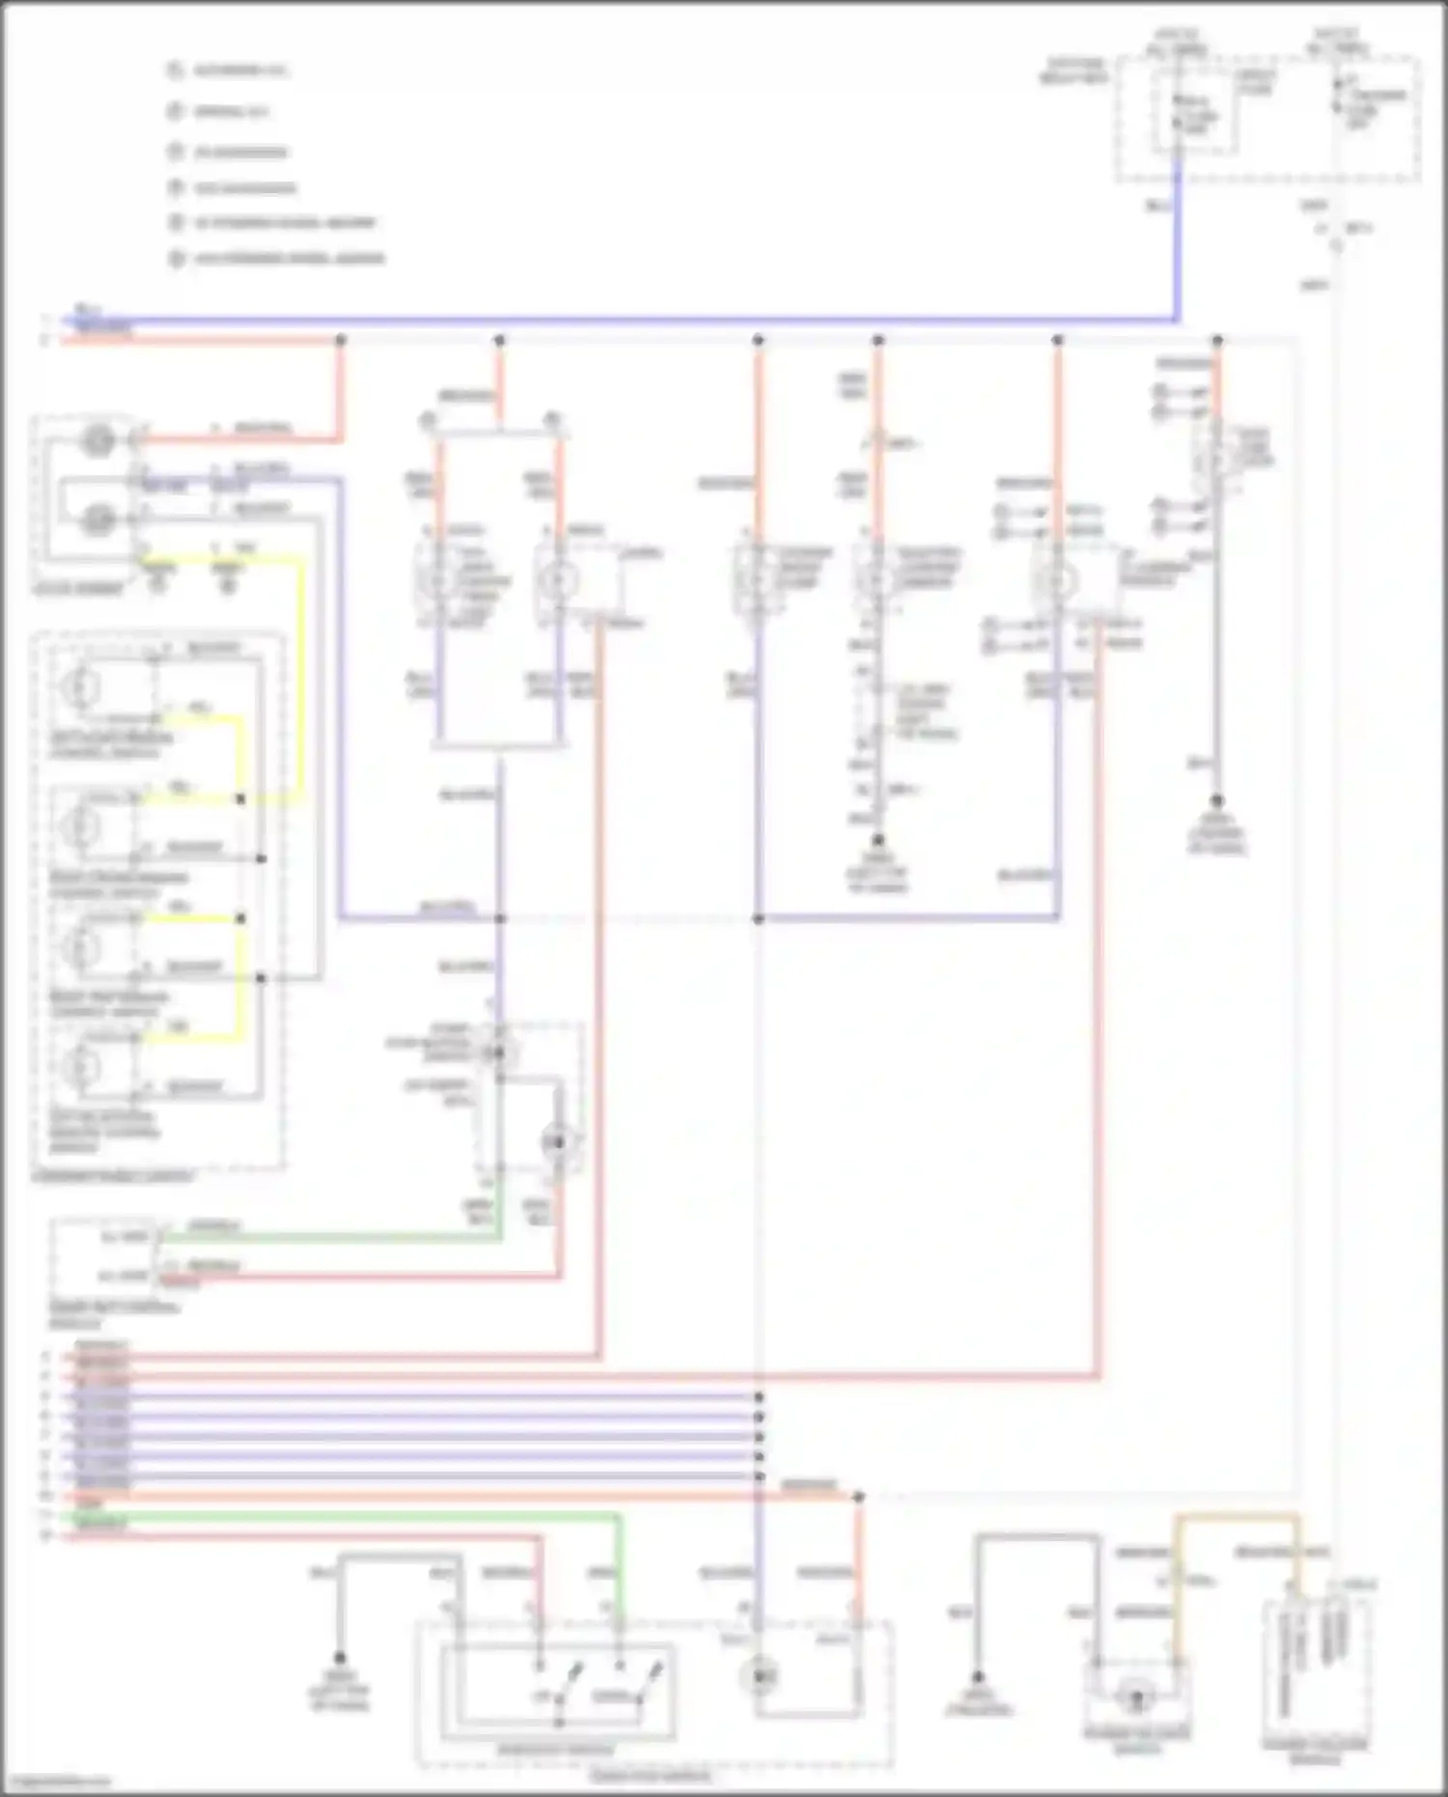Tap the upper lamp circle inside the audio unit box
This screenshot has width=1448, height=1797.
[x=97, y=441]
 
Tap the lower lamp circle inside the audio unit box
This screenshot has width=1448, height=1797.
[x=97, y=520]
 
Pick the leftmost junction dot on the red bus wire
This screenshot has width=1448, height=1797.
[x=340, y=340]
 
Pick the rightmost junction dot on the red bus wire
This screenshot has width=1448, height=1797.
[x=1217, y=340]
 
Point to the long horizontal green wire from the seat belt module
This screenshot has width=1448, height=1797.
[x=328, y=1237]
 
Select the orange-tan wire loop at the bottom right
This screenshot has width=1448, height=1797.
[x=1236, y=1519]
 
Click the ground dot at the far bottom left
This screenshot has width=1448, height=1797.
[x=340, y=1657]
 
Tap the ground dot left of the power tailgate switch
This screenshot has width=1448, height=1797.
[x=977, y=1677]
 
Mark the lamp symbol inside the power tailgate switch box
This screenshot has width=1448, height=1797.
[x=1137, y=1696]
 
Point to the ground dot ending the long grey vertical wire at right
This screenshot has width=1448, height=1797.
[x=1217, y=801]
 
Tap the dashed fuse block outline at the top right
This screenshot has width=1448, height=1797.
[x=1267, y=119]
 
